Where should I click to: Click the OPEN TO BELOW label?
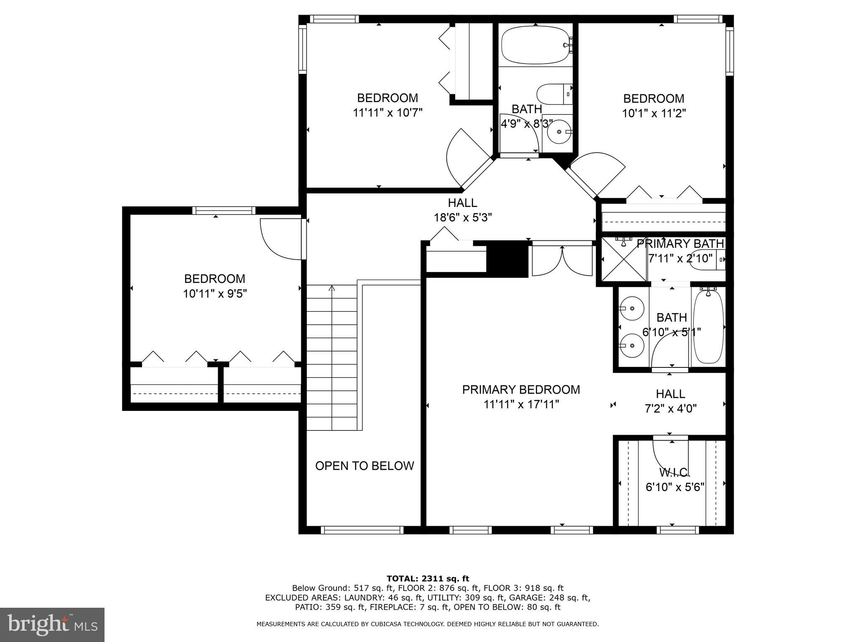364,466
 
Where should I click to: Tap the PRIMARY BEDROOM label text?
521,390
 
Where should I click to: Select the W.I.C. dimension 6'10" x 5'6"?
675,487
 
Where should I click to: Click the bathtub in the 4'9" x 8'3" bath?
535,45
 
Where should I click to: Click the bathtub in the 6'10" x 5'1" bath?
708,327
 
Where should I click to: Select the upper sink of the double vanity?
631,308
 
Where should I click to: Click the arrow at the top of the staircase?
332,288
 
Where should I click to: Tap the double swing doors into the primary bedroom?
562,262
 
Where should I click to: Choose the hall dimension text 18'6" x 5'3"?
463,217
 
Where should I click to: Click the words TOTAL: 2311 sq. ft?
428,579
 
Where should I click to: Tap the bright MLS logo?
52,625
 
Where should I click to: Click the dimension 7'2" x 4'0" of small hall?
670,408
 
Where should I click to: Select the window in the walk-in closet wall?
677,530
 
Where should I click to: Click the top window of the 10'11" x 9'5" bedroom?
224,210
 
